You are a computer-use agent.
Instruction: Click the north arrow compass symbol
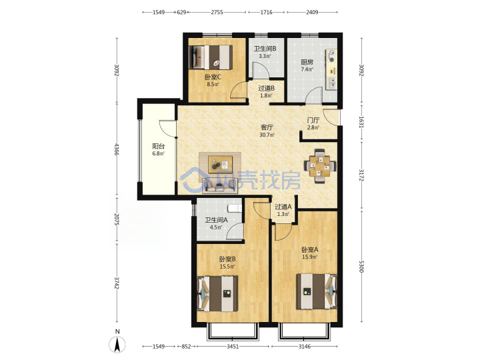click(x=117, y=344)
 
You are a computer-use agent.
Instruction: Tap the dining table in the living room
click(x=320, y=165)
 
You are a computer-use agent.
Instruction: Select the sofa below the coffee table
click(x=220, y=187)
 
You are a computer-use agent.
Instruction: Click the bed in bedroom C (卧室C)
click(x=211, y=57)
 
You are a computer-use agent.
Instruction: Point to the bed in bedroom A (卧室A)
click(x=317, y=291)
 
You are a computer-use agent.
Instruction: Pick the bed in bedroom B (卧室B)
click(x=217, y=294)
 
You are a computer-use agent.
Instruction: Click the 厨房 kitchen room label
click(x=307, y=62)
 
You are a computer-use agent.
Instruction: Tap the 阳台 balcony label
click(x=158, y=146)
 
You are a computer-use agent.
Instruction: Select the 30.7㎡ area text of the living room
click(x=267, y=135)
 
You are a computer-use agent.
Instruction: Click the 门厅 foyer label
click(x=313, y=120)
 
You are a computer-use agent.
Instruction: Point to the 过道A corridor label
click(x=283, y=207)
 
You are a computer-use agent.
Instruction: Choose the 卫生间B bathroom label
click(x=265, y=49)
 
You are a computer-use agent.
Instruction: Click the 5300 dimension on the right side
click(x=361, y=266)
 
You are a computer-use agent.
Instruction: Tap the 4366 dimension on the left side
click(x=116, y=149)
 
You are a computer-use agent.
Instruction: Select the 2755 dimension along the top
click(x=217, y=12)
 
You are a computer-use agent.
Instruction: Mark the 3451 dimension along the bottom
click(x=233, y=346)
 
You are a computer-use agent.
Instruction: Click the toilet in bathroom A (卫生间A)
click(x=235, y=209)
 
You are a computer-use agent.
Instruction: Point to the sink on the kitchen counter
click(x=331, y=83)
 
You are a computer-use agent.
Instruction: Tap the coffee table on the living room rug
click(x=220, y=165)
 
